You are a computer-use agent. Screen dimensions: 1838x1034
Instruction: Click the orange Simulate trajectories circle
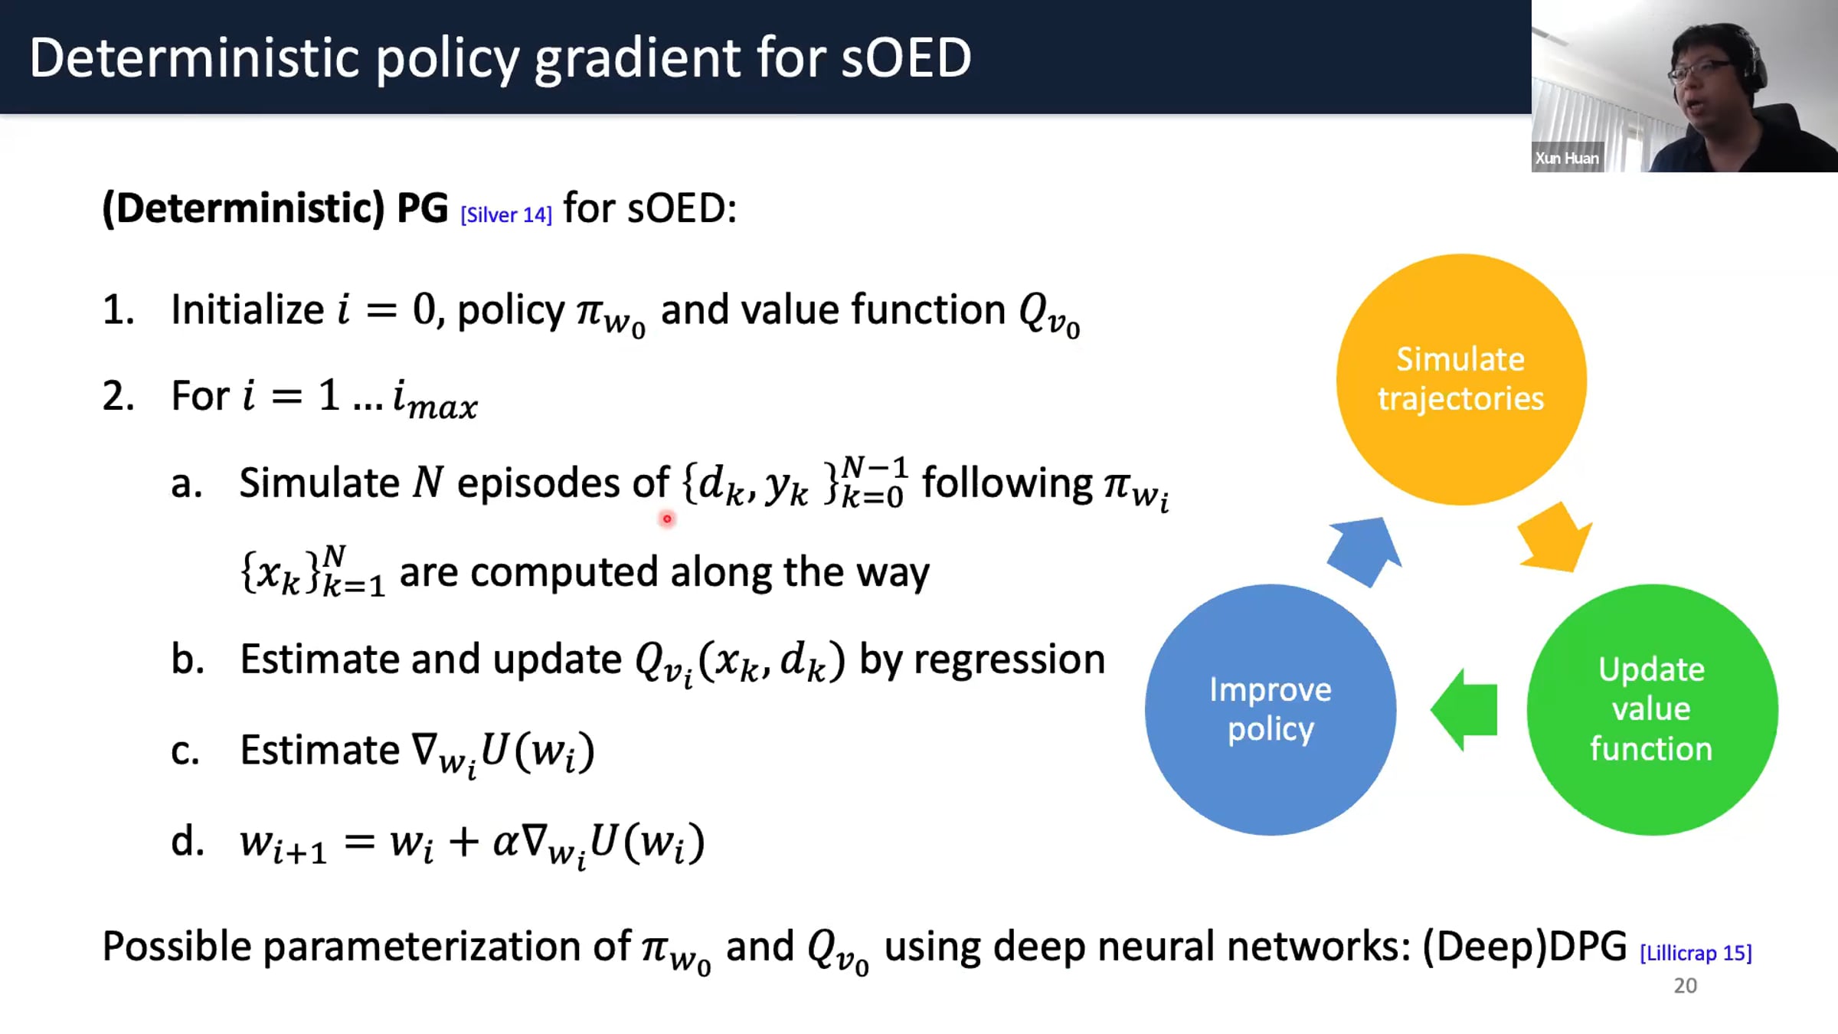1461,379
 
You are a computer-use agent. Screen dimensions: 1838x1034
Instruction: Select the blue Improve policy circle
1271,709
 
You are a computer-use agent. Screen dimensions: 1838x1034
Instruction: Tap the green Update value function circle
1652,709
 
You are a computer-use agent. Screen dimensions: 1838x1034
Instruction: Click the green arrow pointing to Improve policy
1463,709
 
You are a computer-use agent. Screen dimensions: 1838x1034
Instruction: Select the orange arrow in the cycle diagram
1555,538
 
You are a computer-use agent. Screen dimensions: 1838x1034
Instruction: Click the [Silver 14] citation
506,215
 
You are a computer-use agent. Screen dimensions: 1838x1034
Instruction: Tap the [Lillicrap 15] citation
1696,953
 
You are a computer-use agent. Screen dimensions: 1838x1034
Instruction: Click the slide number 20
1685,986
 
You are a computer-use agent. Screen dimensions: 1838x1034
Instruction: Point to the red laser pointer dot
667,519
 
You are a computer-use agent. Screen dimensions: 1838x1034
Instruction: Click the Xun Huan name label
1567,158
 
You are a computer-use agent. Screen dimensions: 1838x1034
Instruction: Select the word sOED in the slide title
906,58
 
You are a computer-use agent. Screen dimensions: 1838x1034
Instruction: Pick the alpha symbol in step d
505,842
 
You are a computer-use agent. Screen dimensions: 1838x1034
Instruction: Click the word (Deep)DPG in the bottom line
1524,947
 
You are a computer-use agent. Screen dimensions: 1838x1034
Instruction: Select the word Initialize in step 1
247,310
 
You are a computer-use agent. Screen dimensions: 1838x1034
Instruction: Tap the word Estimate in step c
320,750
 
